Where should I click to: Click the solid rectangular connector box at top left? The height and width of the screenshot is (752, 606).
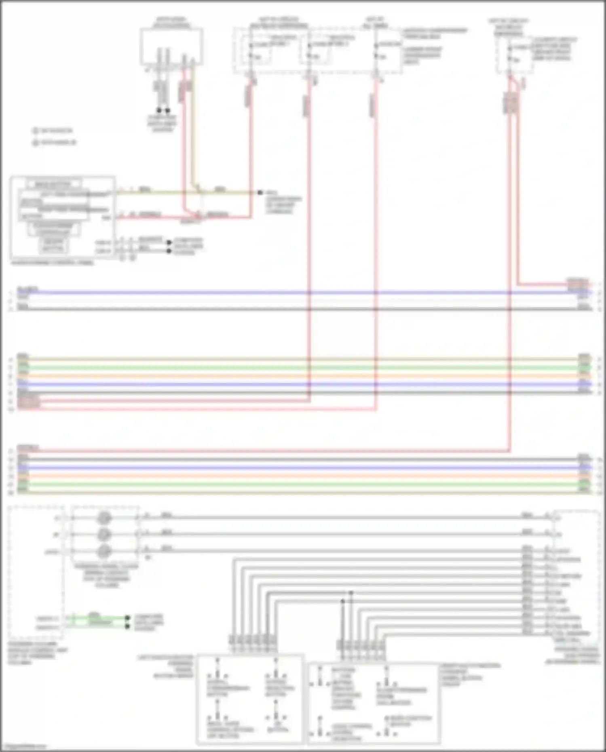(x=171, y=46)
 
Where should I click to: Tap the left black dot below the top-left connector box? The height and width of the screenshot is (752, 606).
(x=159, y=110)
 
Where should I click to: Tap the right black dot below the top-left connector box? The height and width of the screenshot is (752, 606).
(x=167, y=110)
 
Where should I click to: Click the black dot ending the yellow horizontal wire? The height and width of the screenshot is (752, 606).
(x=260, y=193)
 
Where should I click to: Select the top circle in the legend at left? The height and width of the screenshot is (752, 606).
(x=35, y=131)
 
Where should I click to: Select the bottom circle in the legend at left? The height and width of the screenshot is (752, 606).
(x=35, y=142)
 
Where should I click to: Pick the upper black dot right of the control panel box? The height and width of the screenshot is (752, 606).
(x=169, y=243)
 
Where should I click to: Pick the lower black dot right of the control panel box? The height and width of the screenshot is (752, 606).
(x=169, y=251)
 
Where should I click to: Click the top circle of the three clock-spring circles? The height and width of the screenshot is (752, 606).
(x=104, y=518)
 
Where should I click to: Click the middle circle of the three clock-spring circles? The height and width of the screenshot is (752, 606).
(x=104, y=534)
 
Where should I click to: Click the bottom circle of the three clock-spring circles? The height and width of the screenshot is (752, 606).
(x=104, y=551)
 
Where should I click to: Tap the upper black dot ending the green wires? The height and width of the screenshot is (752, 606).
(x=127, y=618)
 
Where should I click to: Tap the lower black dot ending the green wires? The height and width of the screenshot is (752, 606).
(x=127, y=626)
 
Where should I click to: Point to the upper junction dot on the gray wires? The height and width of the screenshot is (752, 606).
(x=351, y=593)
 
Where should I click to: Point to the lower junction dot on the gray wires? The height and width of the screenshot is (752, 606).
(x=343, y=601)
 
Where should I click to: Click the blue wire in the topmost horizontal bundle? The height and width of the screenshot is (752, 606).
(x=303, y=292)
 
